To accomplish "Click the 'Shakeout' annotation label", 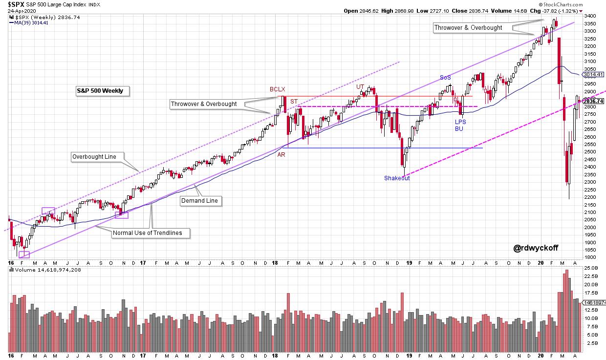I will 397,178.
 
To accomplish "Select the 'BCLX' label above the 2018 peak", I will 277,89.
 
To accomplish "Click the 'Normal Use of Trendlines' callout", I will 147,233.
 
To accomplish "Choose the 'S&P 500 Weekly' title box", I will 100,91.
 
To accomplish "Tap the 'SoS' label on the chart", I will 445,77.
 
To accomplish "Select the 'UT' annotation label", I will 360,87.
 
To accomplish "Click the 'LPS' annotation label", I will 461,122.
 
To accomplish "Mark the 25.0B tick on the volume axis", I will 592,268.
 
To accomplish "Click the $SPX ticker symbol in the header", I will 16,4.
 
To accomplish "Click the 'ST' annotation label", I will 294,102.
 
